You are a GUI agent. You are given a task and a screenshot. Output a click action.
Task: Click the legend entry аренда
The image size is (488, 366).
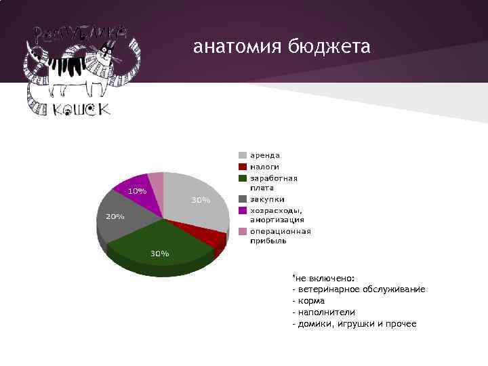[264, 155]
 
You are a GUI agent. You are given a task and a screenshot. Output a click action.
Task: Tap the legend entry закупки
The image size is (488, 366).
[267, 199]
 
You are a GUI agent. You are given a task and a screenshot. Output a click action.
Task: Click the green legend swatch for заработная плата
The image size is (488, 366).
[242, 178]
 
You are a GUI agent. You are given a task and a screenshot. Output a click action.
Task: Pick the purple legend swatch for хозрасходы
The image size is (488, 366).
[242, 211]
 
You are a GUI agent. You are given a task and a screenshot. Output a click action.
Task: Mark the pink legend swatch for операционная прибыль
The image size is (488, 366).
[242, 232]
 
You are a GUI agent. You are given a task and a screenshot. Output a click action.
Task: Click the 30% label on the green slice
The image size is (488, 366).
[159, 253]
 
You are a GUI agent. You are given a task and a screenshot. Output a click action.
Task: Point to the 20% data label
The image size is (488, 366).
[114, 216]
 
